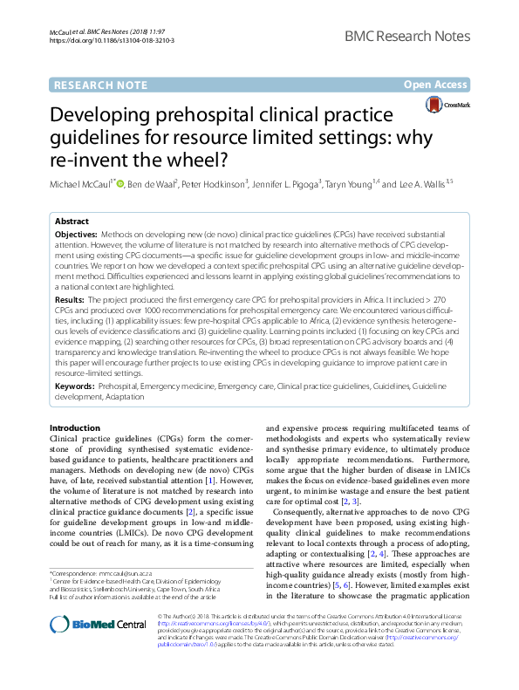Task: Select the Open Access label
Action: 436,85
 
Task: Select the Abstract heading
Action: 73,222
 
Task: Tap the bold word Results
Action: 69,298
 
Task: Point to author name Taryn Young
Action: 348,185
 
